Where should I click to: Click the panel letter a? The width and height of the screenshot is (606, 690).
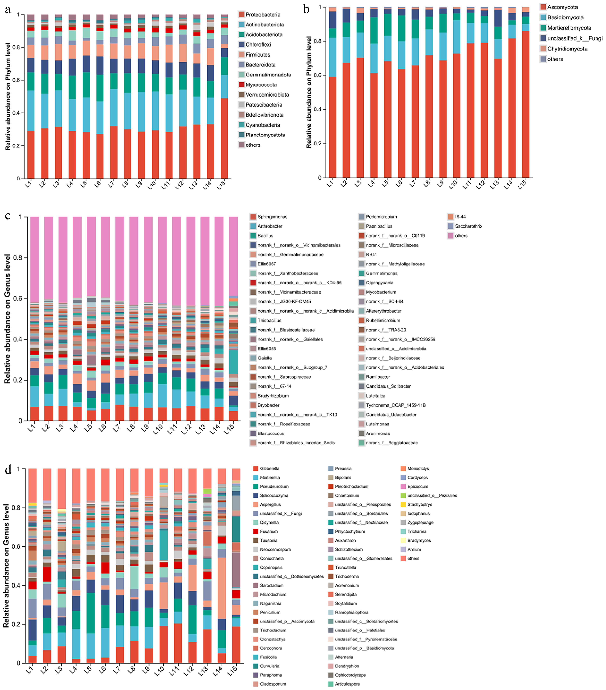[x=7, y=10]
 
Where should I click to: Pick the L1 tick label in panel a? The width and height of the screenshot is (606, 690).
[x=29, y=184]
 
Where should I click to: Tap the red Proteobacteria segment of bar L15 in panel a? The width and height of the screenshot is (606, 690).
[x=224, y=138]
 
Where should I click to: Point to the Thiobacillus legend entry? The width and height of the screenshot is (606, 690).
[x=269, y=320]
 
